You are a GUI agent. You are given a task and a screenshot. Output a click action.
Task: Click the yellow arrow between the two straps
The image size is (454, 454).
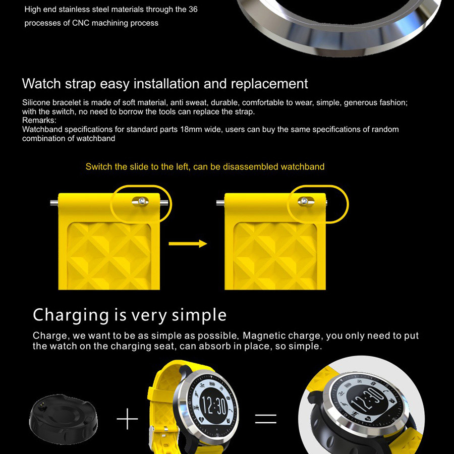[x=188, y=244]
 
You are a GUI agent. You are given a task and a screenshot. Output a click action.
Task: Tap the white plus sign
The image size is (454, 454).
[x=128, y=419]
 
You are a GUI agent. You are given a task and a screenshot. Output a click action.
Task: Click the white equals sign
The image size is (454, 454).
[x=266, y=419]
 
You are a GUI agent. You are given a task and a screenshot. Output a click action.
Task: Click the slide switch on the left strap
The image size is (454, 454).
[x=140, y=201]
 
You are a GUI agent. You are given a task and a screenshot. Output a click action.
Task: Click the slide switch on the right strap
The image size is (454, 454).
[x=306, y=201]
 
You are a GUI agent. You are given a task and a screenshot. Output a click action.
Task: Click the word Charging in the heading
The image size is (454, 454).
[x=71, y=315]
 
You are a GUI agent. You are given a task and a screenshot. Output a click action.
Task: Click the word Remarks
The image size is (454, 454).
[x=39, y=120]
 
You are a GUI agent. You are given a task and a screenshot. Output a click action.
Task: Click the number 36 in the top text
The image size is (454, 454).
[x=193, y=9]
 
